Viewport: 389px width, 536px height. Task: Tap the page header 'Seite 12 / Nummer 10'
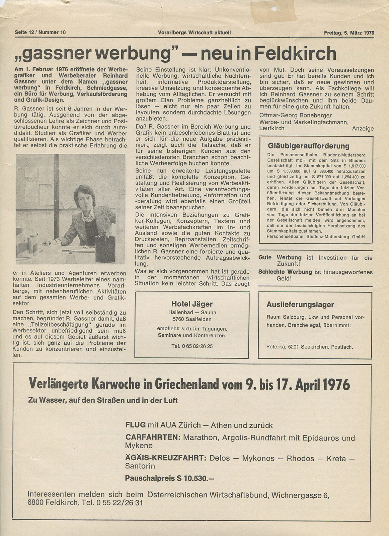[x=40, y=32]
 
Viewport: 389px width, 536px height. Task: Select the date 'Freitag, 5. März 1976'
[x=349, y=33]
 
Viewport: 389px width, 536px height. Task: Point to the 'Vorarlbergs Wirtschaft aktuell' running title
[x=194, y=32]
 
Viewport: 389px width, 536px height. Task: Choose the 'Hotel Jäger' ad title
[x=192, y=304]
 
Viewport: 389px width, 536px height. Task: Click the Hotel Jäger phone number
[x=192, y=346]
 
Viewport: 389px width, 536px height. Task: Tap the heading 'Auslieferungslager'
[x=300, y=305]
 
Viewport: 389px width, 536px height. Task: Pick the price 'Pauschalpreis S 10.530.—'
[x=169, y=478]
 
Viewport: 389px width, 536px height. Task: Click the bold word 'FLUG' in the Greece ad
[x=135, y=425]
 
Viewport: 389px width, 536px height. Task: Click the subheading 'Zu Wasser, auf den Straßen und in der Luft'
[x=103, y=400]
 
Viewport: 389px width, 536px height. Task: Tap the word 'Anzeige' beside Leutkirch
[x=363, y=129]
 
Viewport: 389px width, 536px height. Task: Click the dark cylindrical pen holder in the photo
[x=105, y=249]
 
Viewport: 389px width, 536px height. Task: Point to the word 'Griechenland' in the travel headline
[x=186, y=384]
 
